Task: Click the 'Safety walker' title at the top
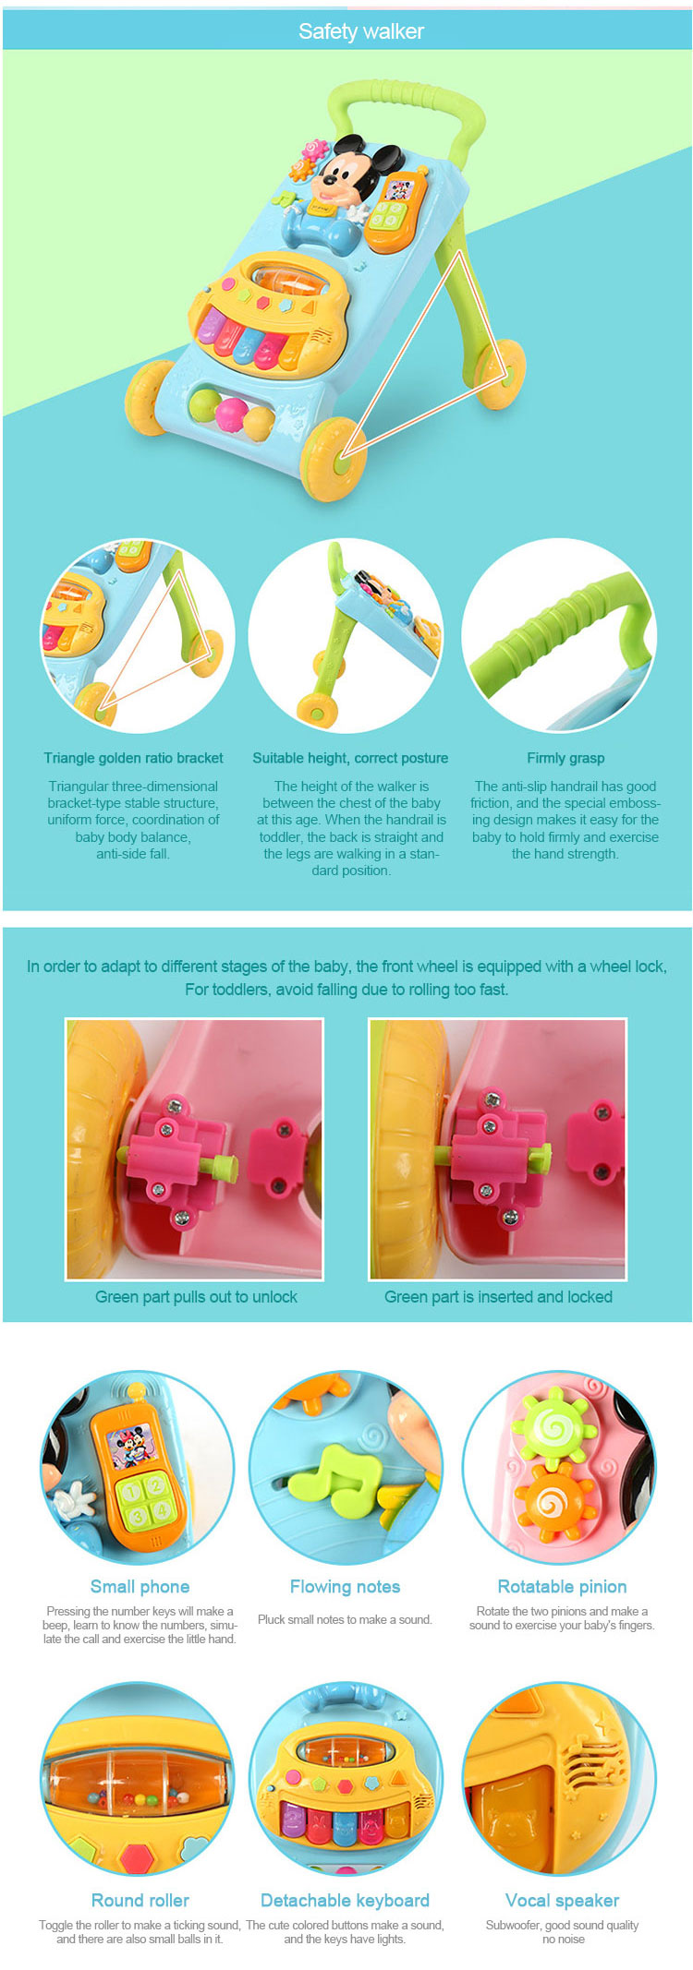(361, 31)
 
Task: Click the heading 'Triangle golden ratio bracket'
(133, 758)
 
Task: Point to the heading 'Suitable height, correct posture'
(350, 758)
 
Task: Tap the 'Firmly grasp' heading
(565, 758)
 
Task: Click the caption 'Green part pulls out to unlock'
(196, 1297)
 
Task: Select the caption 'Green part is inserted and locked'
(498, 1297)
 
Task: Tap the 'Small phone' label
(140, 1587)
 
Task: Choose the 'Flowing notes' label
(345, 1587)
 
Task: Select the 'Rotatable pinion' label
(562, 1587)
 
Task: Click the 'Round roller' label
(140, 1901)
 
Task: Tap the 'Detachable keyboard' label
(345, 1901)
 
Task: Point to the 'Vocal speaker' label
(562, 1901)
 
